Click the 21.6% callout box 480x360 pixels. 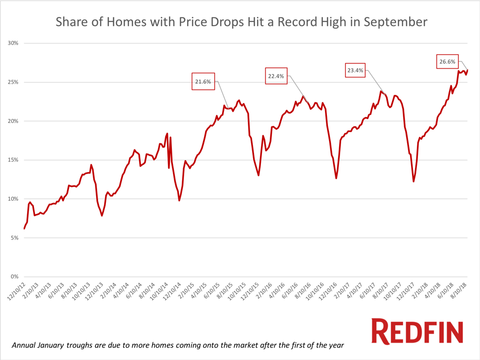click(x=204, y=82)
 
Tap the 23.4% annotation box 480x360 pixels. click(x=355, y=70)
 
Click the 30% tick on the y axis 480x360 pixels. click(x=13, y=43)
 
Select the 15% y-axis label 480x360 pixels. click(x=13, y=160)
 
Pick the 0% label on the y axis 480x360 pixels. click(x=15, y=277)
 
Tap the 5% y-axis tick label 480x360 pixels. click(x=15, y=238)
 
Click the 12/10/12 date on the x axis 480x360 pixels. click(x=16, y=291)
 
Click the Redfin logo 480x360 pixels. click(x=417, y=331)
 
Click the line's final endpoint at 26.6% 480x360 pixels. click(x=468, y=70)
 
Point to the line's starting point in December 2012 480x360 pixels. click(x=24, y=229)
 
